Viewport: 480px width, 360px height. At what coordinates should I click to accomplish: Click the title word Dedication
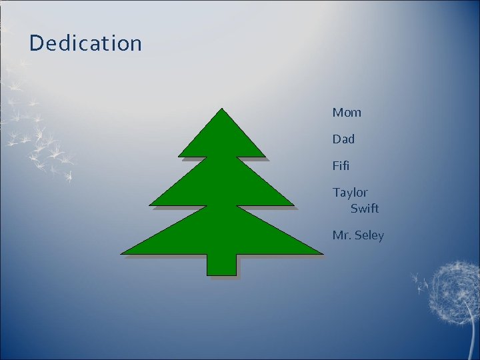coord(85,43)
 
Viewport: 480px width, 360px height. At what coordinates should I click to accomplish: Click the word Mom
coord(347,113)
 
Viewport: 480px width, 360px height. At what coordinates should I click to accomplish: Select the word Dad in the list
coord(343,139)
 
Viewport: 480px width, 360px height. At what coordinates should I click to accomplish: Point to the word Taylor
coord(350,193)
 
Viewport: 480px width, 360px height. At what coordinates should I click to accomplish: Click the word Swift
coord(364,209)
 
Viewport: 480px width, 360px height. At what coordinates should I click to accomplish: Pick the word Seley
coord(369,235)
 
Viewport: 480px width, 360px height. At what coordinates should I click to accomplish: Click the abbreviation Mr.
coord(341,235)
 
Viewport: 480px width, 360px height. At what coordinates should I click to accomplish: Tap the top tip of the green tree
coord(221,109)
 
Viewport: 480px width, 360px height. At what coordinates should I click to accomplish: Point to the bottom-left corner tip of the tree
coord(122,253)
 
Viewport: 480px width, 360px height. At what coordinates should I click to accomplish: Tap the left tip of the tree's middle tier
coord(150,205)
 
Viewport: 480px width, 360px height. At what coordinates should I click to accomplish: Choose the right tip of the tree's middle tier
coord(293,205)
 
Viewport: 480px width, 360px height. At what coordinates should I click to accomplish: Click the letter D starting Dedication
coord(36,43)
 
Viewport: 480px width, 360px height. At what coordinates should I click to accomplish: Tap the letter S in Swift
coord(355,209)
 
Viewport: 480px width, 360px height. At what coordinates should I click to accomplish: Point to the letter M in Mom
coord(338,113)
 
